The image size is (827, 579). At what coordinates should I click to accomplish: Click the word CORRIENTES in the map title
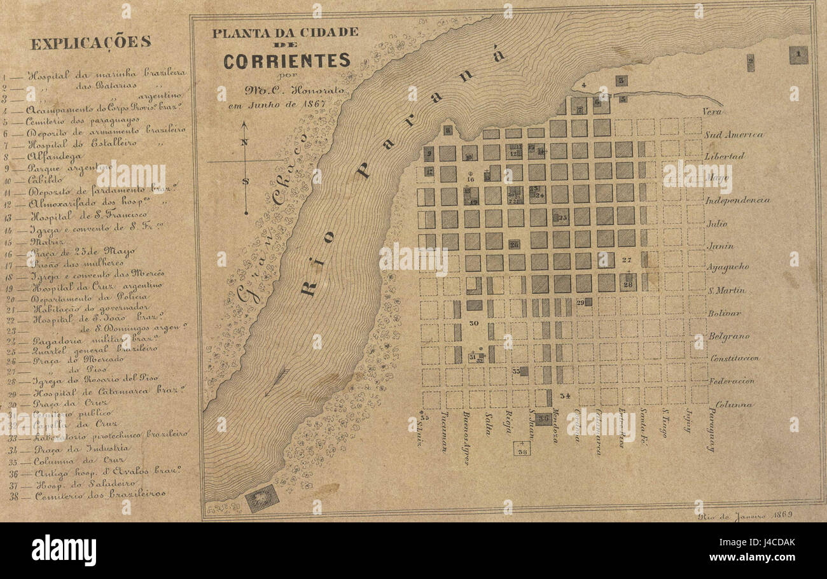tap(286, 61)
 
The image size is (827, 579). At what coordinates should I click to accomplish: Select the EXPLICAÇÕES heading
tap(90, 43)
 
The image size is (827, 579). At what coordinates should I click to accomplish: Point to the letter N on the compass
tap(244, 142)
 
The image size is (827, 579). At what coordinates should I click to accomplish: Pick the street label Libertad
tap(724, 157)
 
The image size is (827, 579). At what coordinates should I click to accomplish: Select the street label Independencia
tap(737, 200)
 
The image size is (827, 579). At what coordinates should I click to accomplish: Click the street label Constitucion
tap(734, 358)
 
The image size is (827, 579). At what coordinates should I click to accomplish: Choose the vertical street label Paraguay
tap(711, 429)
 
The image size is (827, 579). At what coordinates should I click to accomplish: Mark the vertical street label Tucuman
tap(443, 431)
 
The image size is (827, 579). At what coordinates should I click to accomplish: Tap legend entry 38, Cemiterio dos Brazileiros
tap(100, 494)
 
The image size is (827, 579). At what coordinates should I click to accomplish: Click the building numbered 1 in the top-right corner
tap(798, 55)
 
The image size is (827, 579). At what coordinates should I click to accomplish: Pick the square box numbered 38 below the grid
tap(522, 449)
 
